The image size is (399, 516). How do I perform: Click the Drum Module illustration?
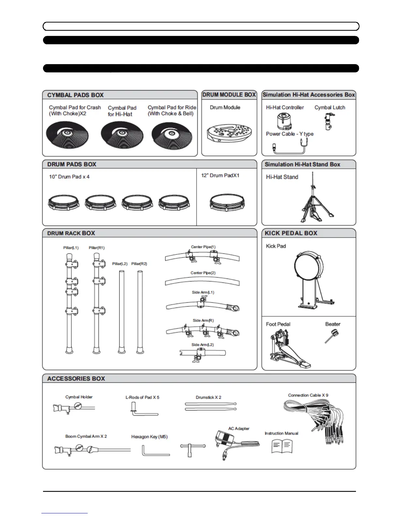229,133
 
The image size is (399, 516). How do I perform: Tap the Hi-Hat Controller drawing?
284,122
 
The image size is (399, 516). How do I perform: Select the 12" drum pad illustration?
227,203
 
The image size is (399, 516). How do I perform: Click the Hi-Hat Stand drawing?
315,202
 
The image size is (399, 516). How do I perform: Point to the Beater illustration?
332,336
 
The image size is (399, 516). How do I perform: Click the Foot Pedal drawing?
287,349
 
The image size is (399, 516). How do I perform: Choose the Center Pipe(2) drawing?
202,281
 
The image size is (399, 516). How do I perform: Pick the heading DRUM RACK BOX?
71,233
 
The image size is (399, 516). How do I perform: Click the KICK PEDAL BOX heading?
291,233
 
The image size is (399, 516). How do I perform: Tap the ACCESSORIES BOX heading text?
76,379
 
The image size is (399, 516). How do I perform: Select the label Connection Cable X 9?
308,395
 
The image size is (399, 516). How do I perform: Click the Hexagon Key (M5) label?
149,437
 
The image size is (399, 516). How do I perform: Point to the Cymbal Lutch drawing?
328,121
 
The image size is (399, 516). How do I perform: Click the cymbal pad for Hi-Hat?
122,135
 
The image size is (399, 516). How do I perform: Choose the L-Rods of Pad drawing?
143,409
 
